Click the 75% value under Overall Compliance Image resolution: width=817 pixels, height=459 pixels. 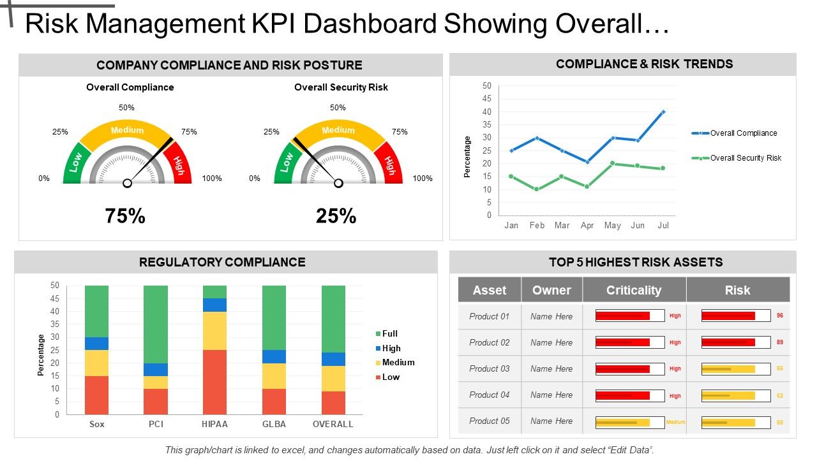click(125, 216)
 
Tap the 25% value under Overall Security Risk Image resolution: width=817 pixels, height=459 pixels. click(336, 216)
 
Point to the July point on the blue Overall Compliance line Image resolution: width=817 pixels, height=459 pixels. click(663, 112)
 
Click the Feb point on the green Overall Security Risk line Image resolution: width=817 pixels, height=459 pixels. click(537, 189)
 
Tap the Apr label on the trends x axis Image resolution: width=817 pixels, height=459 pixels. click(587, 225)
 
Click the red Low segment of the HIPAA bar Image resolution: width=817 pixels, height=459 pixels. click(214, 382)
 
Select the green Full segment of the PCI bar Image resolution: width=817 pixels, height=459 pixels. click(156, 324)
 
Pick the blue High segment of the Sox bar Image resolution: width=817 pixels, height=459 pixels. click(96, 344)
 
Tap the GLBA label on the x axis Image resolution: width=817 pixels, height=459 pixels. click(274, 424)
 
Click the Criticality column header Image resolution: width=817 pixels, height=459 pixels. click(633, 290)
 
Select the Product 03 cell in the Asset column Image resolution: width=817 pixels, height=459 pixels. click(490, 368)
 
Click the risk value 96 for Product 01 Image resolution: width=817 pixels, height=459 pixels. click(779, 316)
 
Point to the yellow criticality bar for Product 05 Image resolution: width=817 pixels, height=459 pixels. click(622, 422)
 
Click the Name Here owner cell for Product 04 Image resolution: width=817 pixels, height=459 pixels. click(551, 395)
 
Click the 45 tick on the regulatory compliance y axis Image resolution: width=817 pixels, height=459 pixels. click(54, 298)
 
